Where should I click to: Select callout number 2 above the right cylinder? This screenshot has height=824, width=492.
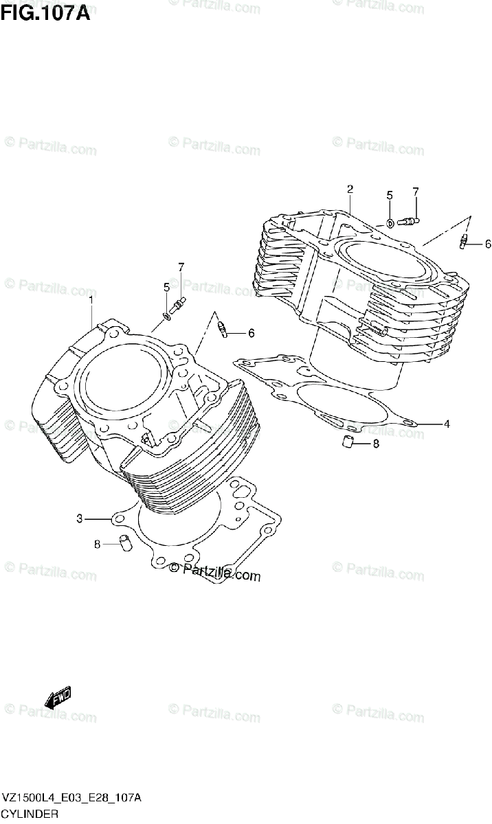(350, 189)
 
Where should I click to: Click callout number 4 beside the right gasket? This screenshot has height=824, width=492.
(446, 424)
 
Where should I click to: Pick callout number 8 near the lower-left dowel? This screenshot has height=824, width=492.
(98, 545)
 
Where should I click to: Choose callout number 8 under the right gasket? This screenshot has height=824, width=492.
(376, 444)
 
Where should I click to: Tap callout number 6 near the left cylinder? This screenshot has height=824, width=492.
(251, 333)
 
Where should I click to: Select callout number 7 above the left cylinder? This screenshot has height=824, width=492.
(181, 267)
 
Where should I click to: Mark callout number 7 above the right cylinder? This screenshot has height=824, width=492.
(416, 192)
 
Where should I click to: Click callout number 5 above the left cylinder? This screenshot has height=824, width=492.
(166, 287)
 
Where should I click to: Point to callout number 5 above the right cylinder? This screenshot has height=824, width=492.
(389, 196)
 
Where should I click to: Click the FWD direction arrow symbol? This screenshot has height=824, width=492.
(58, 697)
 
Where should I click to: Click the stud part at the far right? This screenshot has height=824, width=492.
(463, 241)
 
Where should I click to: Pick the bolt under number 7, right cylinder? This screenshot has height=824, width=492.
(410, 221)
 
